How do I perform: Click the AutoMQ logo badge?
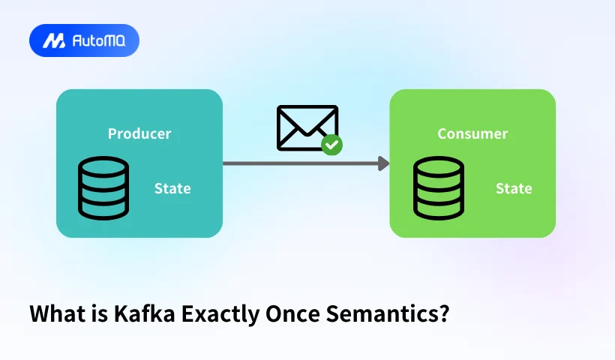coord(84,40)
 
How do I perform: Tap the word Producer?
coord(139,134)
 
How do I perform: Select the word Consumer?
coord(472,134)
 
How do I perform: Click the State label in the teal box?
coord(172,188)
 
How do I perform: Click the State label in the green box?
coord(514,188)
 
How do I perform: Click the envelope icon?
coord(307,127)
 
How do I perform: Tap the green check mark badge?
coord(331,145)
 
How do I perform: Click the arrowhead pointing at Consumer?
coord(384,163)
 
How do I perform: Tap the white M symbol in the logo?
coord(54,40)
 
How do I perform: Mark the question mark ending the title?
coord(444,313)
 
